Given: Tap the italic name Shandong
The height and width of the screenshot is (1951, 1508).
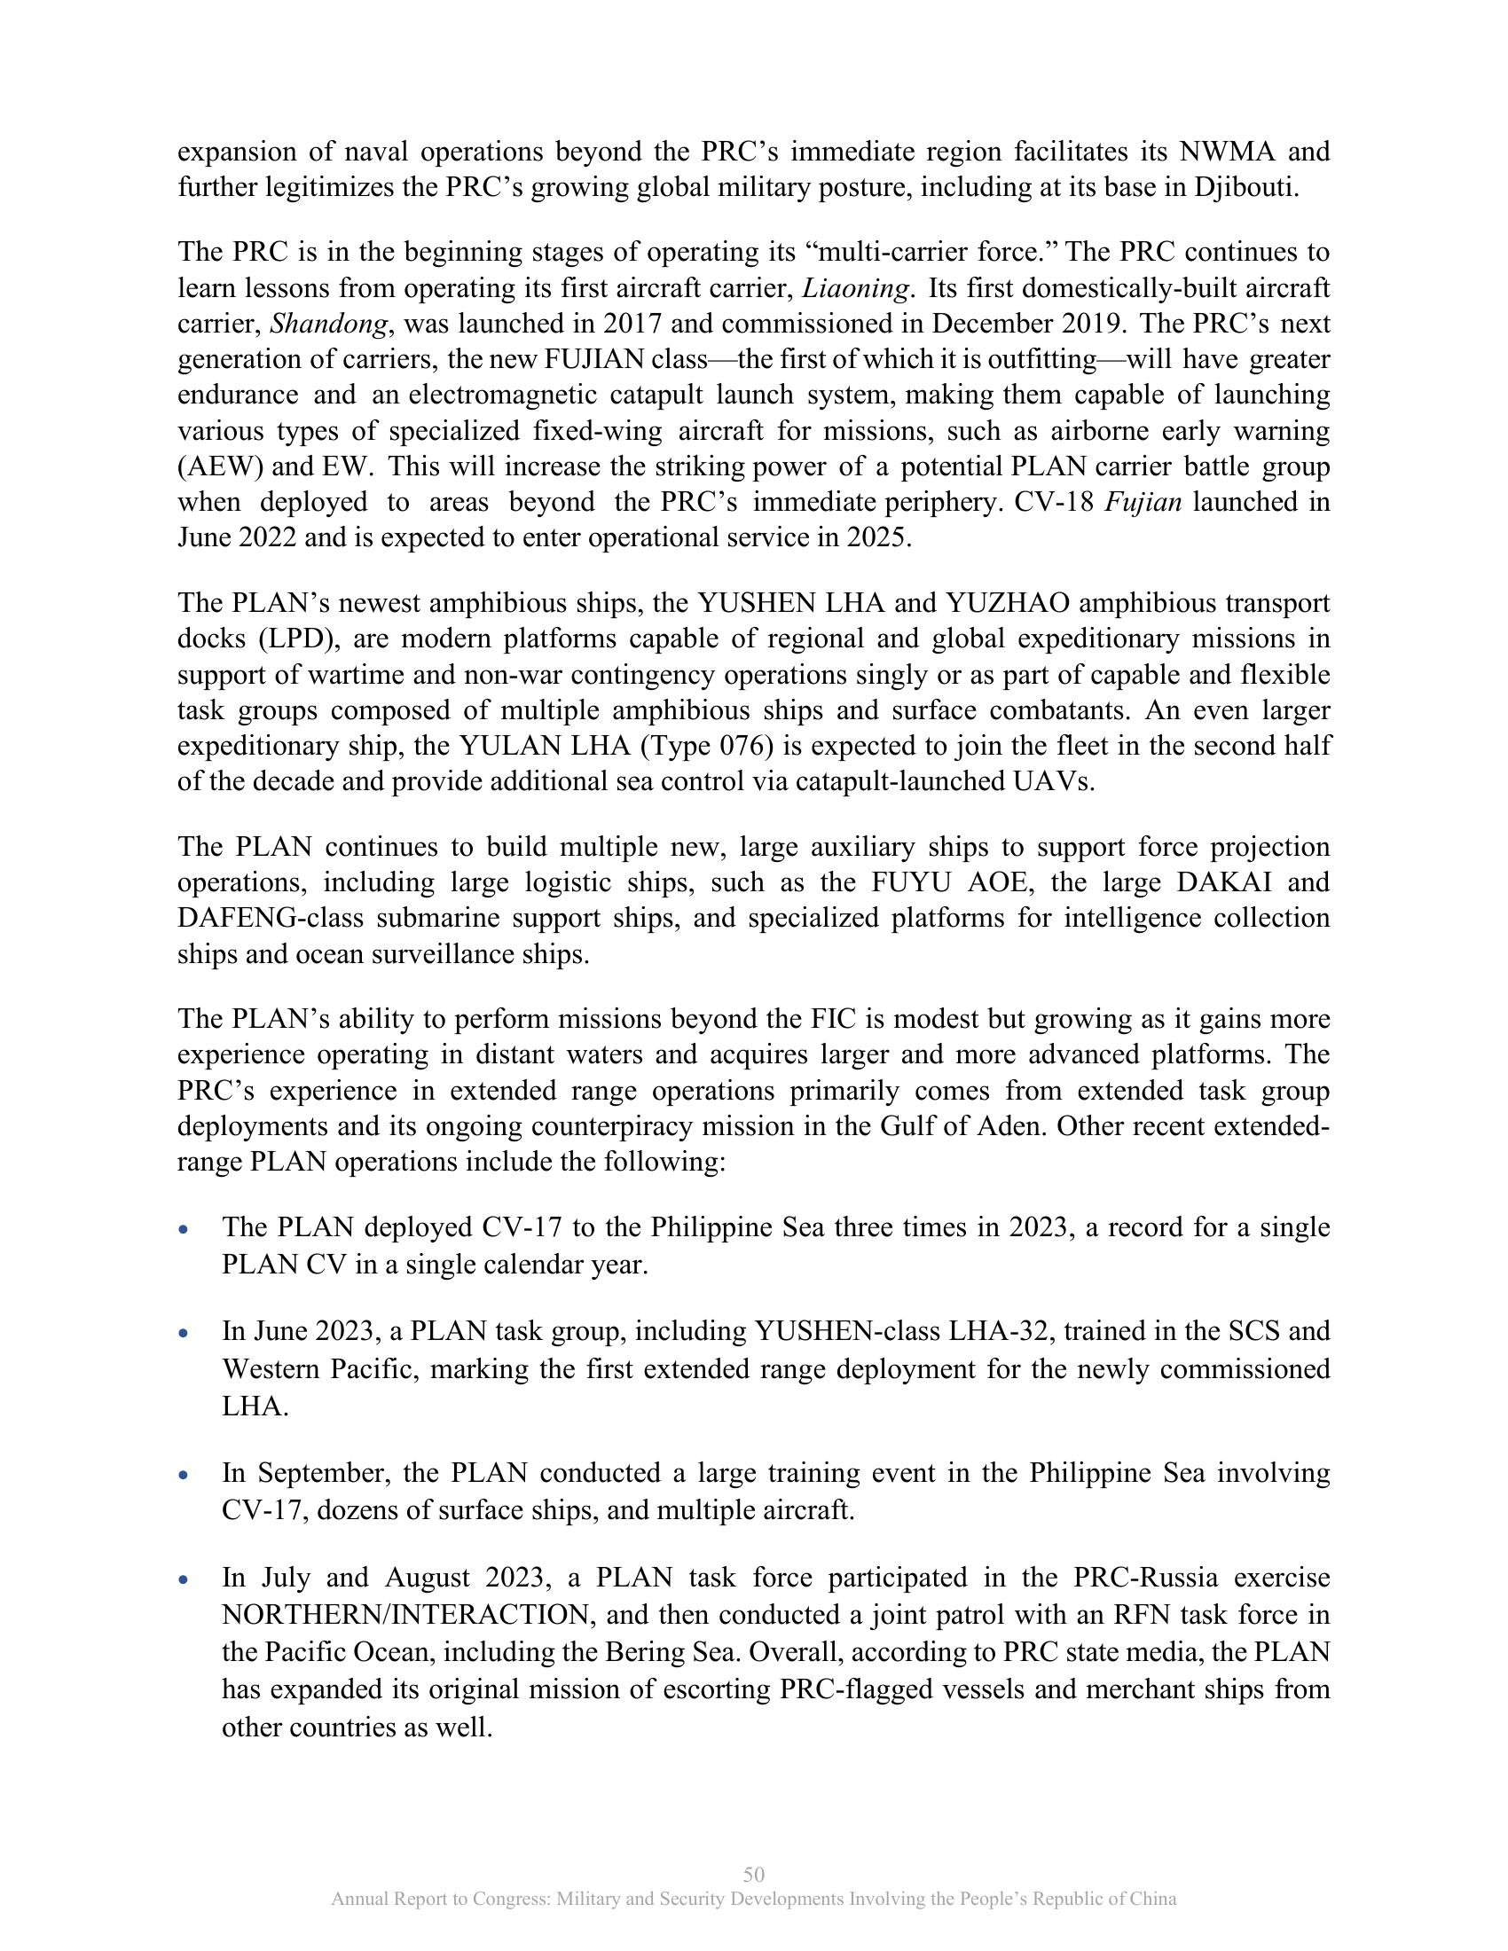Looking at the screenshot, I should [329, 325].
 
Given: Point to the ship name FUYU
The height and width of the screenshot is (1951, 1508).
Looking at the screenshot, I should [912, 882].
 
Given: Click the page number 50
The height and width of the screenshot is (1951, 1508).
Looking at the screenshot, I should [753, 1874].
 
